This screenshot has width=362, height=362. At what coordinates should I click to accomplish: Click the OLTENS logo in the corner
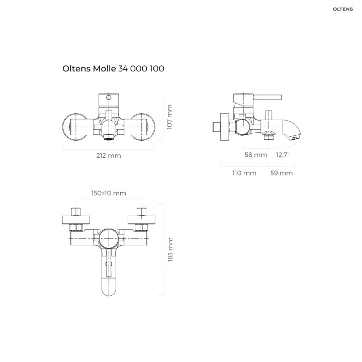pos(343,9)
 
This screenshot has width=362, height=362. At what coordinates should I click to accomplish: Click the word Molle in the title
pos(105,68)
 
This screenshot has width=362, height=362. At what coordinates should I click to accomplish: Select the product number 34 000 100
pos(141,68)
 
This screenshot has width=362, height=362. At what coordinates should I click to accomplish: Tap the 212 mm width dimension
pos(109,155)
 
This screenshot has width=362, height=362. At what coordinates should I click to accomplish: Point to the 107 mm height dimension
pos(169,117)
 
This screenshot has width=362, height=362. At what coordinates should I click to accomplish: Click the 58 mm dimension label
pos(256,155)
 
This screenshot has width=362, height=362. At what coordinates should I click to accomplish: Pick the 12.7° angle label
pos(283,154)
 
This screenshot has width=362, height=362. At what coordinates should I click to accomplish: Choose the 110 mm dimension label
pos(244,173)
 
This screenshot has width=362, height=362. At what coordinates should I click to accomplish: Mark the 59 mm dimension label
pos(282,173)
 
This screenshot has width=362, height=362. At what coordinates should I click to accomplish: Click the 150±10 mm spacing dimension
pos(109,193)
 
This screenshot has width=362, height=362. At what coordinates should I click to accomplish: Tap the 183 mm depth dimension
pos(170,249)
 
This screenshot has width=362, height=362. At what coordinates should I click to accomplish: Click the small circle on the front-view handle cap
pos(109,98)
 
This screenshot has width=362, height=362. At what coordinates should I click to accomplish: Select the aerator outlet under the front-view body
pos(109,137)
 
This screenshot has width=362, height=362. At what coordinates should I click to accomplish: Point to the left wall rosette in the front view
pos(74,127)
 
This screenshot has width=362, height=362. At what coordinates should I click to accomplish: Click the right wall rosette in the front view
pos(143,127)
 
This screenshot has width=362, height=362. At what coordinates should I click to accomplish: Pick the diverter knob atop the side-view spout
pos(268,115)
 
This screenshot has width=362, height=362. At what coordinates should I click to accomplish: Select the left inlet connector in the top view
pos(76,212)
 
